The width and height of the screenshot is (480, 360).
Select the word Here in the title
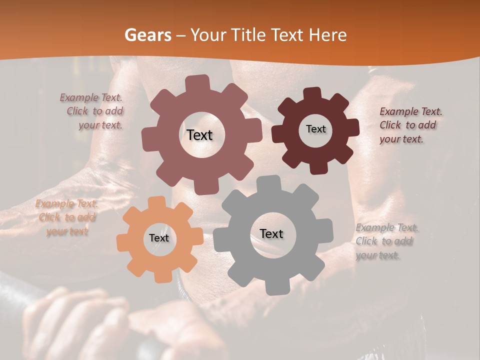tap(327, 35)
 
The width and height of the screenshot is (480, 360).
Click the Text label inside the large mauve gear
tap(199, 135)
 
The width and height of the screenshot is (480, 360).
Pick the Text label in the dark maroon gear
tap(315, 129)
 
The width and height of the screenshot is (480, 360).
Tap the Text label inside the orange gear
tap(159, 238)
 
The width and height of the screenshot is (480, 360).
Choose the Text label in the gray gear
tap(271, 233)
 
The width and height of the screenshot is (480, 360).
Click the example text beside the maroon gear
tap(410, 125)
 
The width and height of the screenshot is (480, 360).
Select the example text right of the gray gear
tap(387, 241)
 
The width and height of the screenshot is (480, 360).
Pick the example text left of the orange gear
tap(67, 217)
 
